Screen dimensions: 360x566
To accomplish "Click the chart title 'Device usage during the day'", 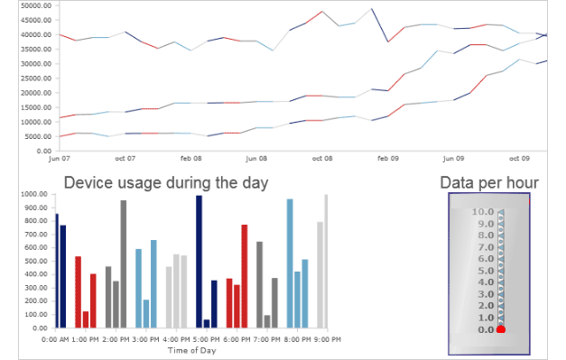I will click(166, 183).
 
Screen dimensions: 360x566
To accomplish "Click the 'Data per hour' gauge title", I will click(488, 183).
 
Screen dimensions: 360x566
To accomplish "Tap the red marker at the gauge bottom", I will click(501, 329).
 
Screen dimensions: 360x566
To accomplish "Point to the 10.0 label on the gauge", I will click(482, 212).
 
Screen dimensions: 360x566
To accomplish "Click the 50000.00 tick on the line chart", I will click(24, 5).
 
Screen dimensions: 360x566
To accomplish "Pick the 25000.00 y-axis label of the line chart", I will click(24, 78).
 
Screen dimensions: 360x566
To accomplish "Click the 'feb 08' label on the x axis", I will click(190, 158).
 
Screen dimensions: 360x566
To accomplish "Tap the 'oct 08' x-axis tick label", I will click(321, 158).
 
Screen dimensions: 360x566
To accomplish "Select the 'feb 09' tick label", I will click(388, 158).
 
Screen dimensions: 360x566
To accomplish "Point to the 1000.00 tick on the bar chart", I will click(28, 194).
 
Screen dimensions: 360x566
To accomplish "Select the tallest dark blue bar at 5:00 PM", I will click(199, 262).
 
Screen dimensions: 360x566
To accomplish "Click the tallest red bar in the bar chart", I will click(244, 276).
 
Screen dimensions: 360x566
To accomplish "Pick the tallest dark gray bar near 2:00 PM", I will click(123, 264).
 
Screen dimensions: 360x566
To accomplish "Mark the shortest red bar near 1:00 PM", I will click(86, 319).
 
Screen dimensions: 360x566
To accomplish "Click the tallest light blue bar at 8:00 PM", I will click(290, 263).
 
